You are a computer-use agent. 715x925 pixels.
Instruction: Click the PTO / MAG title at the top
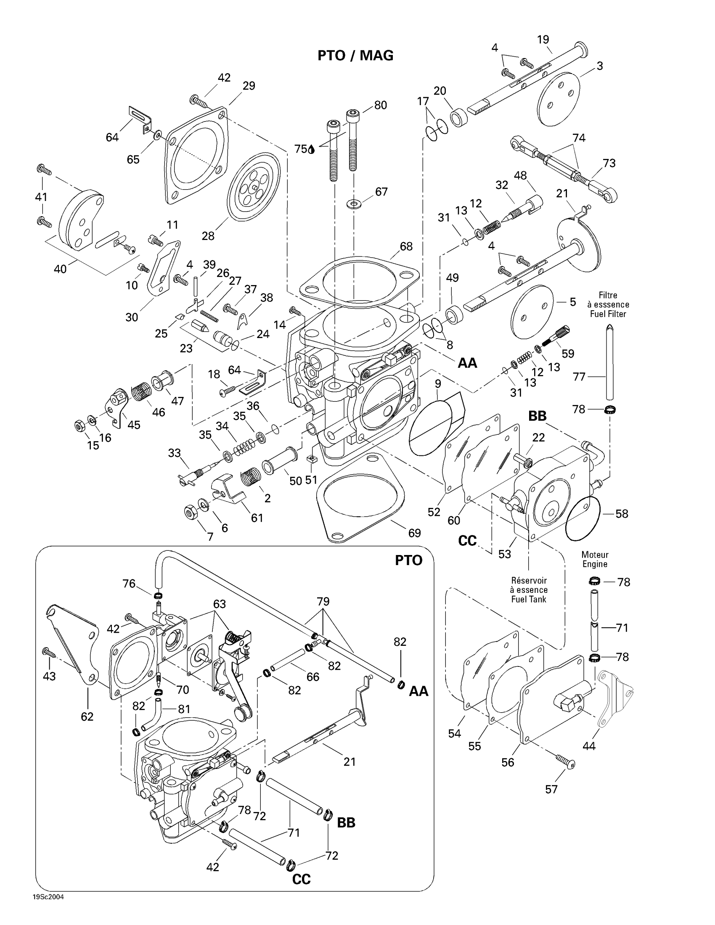[x=355, y=55]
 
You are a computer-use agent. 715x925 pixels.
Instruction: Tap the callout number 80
[x=380, y=105]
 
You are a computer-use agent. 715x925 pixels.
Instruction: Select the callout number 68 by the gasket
[x=406, y=246]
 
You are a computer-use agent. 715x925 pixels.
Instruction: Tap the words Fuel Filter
[x=608, y=314]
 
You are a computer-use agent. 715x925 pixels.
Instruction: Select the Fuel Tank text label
[x=529, y=599]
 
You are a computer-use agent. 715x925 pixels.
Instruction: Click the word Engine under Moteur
[x=595, y=564]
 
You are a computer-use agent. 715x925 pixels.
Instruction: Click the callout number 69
[x=414, y=533]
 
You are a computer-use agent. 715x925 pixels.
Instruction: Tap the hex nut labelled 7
[x=190, y=513]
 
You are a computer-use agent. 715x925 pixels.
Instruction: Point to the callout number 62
[x=87, y=716]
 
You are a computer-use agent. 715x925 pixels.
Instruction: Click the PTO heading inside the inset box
[x=408, y=560]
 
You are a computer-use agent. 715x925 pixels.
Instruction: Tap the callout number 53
[x=504, y=554]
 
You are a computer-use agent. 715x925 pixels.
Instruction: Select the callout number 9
[x=438, y=384]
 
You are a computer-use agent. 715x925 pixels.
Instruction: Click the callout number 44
[x=589, y=746]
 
